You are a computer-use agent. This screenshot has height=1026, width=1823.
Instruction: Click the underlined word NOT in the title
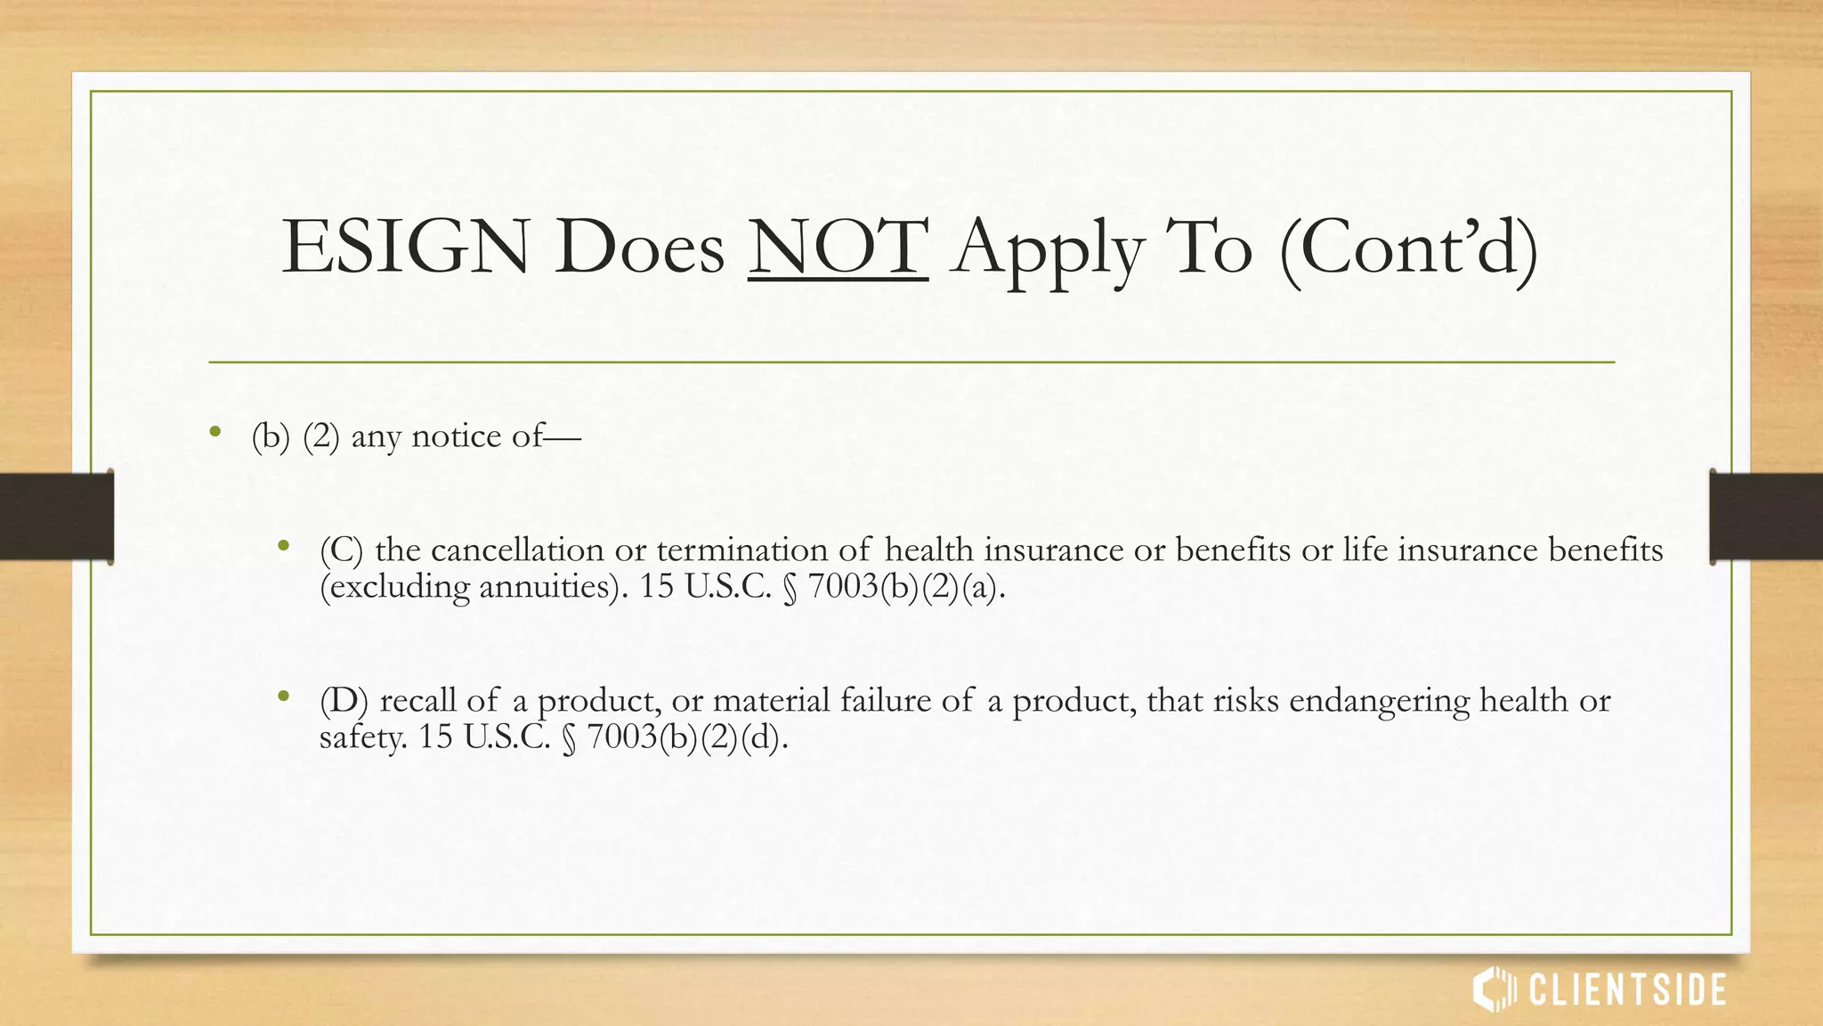[838, 247]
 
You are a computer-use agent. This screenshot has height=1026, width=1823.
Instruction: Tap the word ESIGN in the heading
[405, 247]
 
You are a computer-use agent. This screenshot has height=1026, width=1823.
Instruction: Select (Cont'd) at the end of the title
[1408, 248]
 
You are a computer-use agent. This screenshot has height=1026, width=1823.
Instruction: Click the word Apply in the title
[1048, 248]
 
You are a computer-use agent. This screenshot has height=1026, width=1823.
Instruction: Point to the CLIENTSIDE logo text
[1628, 990]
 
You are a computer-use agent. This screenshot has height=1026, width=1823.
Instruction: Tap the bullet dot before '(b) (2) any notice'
[215, 433]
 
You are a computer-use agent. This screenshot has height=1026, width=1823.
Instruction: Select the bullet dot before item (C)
[283, 546]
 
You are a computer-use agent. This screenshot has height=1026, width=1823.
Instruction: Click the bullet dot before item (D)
[283, 696]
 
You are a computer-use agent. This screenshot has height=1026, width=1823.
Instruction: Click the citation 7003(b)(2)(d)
[687, 738]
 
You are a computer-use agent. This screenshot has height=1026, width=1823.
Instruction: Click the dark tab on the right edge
[1766, 517]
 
